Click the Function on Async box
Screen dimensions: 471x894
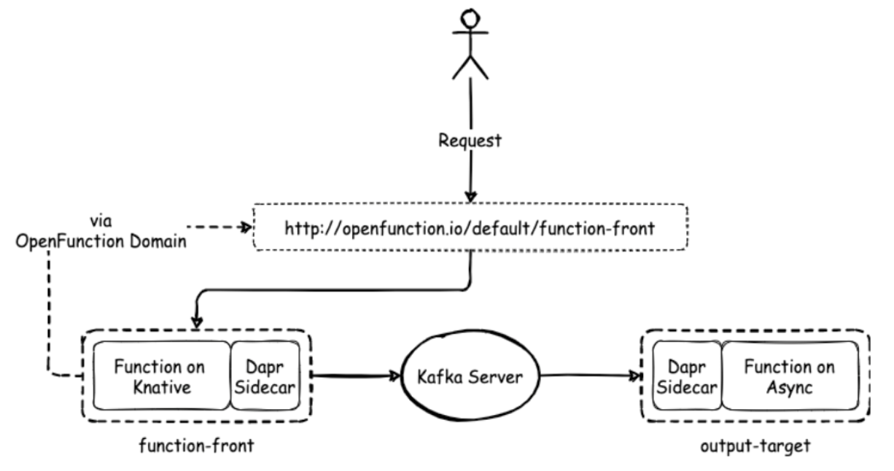pos(790,377)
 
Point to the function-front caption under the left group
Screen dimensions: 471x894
pos(197,445)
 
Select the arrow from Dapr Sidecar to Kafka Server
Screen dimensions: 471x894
pos(357,377)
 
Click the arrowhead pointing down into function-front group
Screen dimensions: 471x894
pos(195,323)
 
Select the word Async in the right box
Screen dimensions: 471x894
pos(790,388)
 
